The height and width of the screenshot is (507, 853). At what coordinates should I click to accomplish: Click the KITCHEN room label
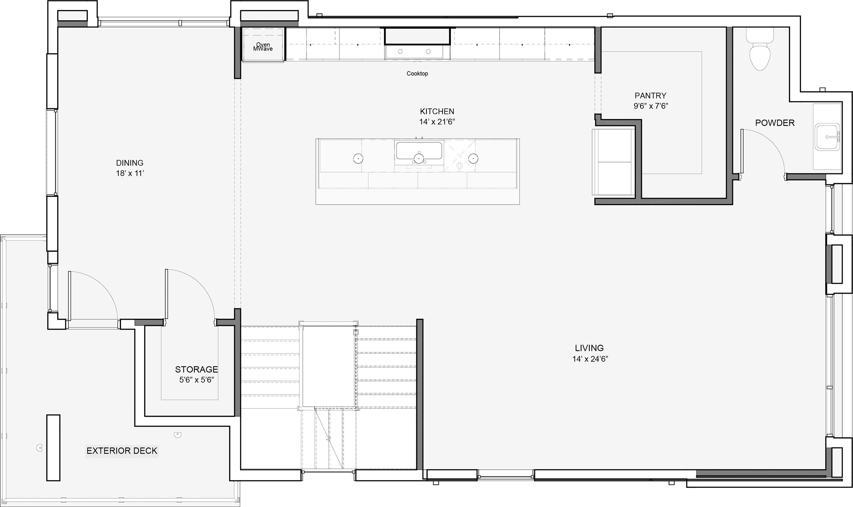[437, 111]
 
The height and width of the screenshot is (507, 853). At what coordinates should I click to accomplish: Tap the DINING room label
[130, 163]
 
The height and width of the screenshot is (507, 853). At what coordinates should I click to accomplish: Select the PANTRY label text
[650, 96]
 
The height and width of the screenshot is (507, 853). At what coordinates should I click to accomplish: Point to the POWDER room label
[775, 123]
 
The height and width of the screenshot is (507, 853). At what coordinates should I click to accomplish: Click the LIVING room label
[589, 348]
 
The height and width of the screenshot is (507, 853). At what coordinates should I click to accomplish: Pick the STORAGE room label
[196, 369]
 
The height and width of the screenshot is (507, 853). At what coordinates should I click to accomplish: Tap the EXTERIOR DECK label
[122, 451]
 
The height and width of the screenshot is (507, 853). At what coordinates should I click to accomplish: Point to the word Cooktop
[417, 73]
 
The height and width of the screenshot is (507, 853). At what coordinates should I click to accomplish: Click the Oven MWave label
[263, 47]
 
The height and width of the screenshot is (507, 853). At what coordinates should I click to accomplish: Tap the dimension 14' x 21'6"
[437, 122]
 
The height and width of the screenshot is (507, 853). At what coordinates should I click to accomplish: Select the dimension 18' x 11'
[130, 173]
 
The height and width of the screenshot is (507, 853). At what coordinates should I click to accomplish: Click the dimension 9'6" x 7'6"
[651, 106]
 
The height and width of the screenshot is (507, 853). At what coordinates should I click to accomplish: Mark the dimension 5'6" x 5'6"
[197, 380]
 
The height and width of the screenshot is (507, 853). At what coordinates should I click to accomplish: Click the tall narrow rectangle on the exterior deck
[53, 448]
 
